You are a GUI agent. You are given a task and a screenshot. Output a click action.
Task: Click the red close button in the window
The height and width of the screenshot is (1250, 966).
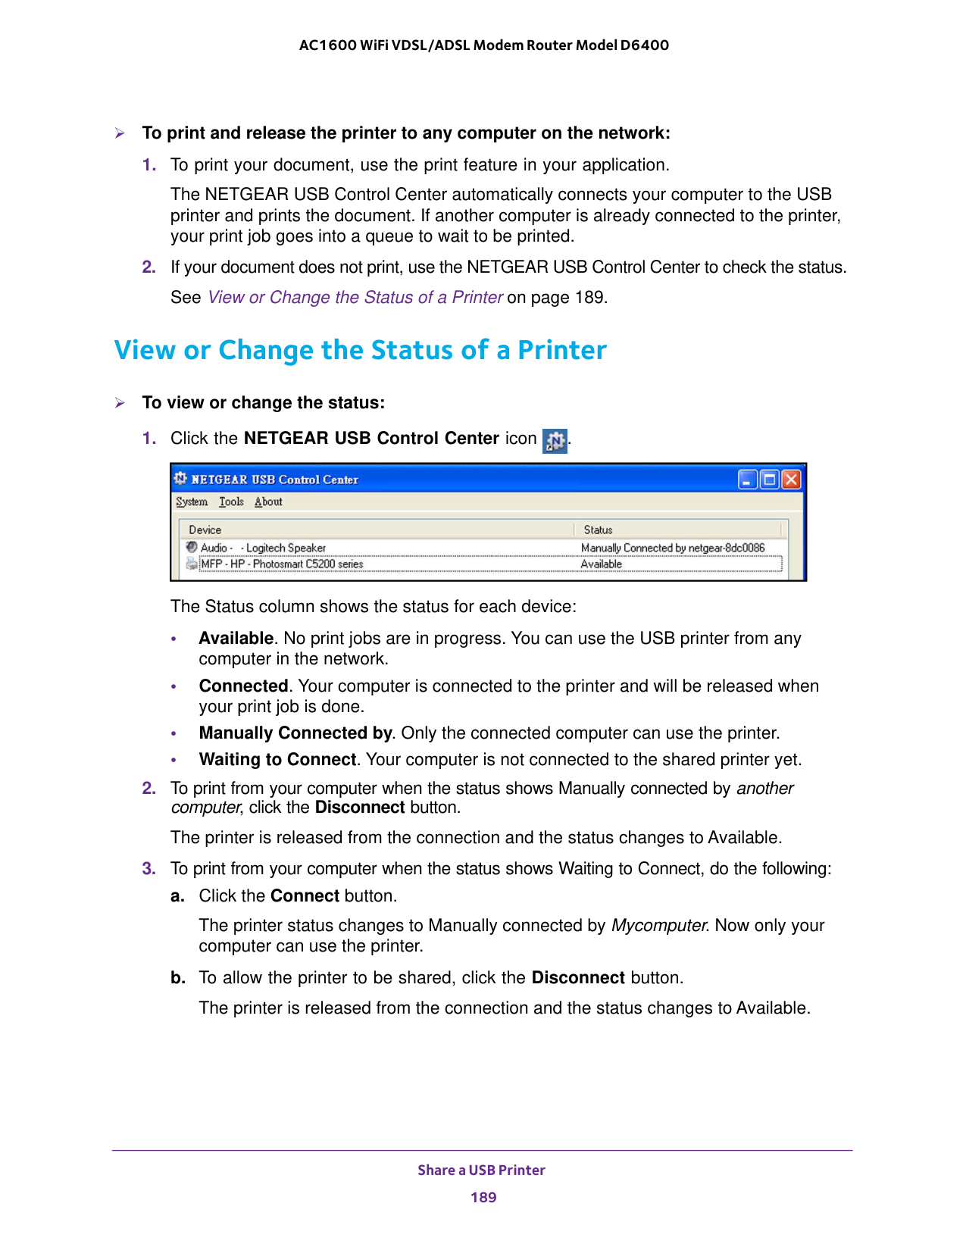[791, 480]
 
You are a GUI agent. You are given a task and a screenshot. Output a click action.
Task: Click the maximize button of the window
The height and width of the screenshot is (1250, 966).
[770, 480]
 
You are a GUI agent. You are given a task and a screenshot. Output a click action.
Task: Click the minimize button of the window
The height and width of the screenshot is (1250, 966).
[748, 480]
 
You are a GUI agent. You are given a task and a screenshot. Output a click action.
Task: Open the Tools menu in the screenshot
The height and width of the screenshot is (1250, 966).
[231, 502]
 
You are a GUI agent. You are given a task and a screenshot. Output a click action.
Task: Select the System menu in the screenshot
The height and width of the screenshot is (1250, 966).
[192, 502]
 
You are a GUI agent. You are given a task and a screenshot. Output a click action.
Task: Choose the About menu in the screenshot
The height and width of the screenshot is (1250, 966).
[268, 502]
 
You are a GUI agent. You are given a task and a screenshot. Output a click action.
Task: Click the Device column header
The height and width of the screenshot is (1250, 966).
[205, 530]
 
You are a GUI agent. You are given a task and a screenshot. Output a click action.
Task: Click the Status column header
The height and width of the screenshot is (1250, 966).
[598, 530]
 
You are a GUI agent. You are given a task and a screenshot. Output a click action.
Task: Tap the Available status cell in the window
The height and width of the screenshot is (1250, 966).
[601, 564]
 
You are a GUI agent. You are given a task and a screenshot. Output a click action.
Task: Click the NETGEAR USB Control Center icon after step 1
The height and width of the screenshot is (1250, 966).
[555, 441]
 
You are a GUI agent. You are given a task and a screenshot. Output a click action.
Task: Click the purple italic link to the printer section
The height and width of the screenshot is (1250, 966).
[355, 297]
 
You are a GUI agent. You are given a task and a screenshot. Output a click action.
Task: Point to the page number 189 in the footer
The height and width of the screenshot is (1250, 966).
[483, 1197]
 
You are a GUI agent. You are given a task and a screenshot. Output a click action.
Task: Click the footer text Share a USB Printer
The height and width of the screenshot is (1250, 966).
[481, 1170]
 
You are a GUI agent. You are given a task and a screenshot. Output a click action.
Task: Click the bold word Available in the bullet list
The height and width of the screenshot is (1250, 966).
[236, 638]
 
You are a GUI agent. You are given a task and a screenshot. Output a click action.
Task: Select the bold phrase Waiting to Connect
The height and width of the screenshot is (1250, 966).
[277, 759]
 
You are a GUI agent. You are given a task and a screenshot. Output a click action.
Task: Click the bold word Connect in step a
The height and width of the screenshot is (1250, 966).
[305, 895]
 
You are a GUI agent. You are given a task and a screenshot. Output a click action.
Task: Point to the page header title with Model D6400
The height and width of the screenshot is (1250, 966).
[483, 45]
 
